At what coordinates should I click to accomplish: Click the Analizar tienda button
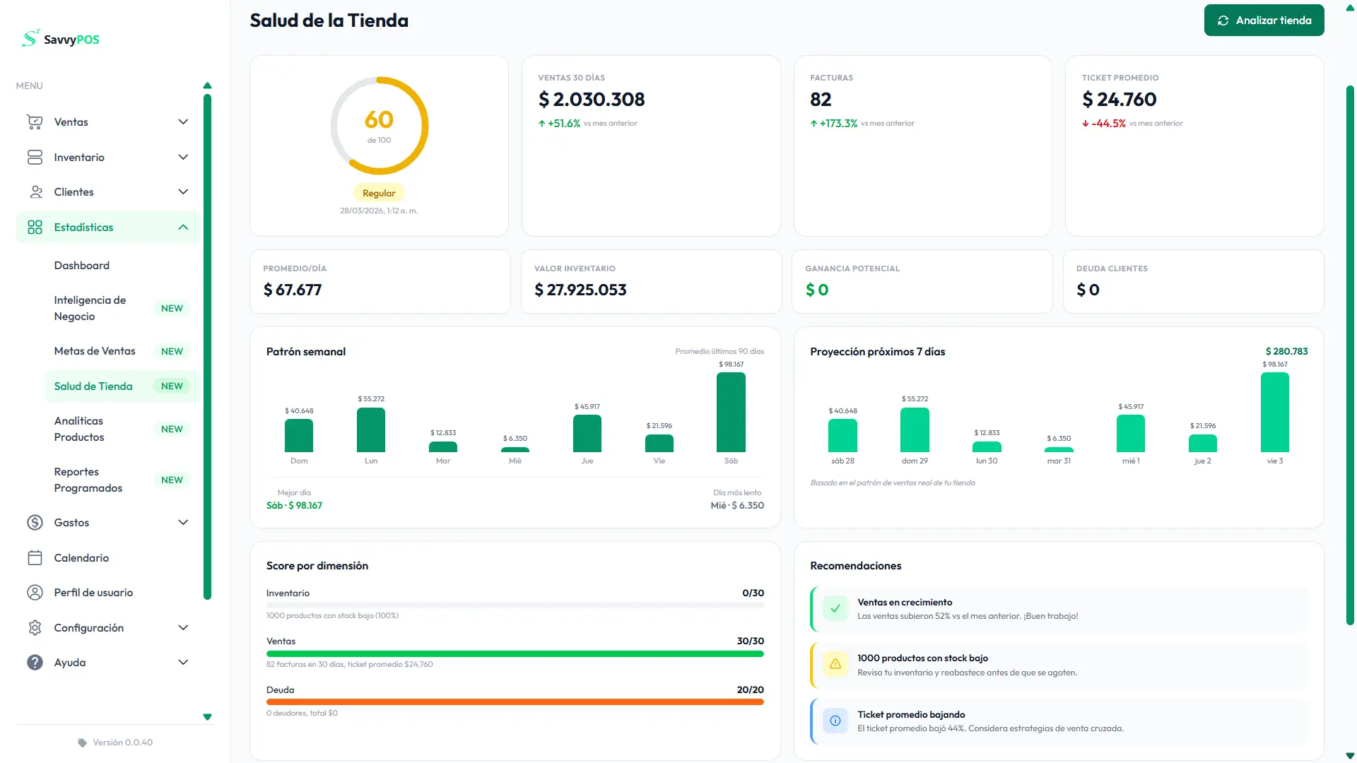1264,20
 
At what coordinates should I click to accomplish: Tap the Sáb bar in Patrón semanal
731,412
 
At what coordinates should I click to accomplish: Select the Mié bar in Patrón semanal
515,449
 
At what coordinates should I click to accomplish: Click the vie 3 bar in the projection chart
1274,412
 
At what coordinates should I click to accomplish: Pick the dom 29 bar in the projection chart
914,430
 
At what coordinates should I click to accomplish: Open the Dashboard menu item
82,266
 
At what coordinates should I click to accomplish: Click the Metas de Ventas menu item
95,351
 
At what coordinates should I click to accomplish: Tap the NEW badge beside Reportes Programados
172,480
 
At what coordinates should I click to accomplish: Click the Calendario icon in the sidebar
35,558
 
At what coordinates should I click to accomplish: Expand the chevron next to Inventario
183,157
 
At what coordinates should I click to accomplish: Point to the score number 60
379,120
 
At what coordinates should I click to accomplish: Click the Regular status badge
379,193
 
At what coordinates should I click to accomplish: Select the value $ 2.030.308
592,100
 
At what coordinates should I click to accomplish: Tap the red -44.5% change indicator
1108,124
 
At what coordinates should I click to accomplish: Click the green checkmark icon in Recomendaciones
835,608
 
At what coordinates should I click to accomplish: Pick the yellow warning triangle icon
835,664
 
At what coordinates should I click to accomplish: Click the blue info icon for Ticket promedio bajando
835,721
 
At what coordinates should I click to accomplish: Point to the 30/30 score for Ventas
750,641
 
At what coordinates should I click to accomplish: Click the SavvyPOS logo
61,39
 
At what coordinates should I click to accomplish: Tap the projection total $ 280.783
1286,352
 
